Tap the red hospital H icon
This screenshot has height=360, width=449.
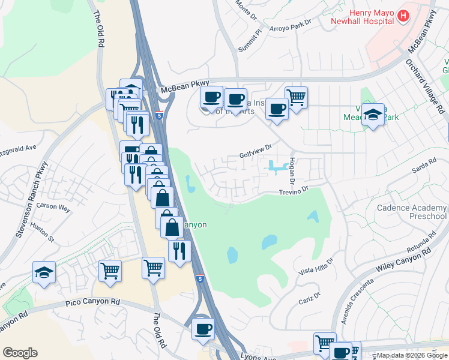pyautogui.click(x=404, y=16)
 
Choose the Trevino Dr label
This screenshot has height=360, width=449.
pyautogui.click(x=292, y=191)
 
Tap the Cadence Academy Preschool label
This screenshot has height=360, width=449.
pyautogui.click(x=412, y=212)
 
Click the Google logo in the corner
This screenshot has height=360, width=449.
pyautogui.click(x=20, y=353)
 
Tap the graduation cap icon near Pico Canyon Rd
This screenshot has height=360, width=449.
pyautogui.click(x=44, y=272)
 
